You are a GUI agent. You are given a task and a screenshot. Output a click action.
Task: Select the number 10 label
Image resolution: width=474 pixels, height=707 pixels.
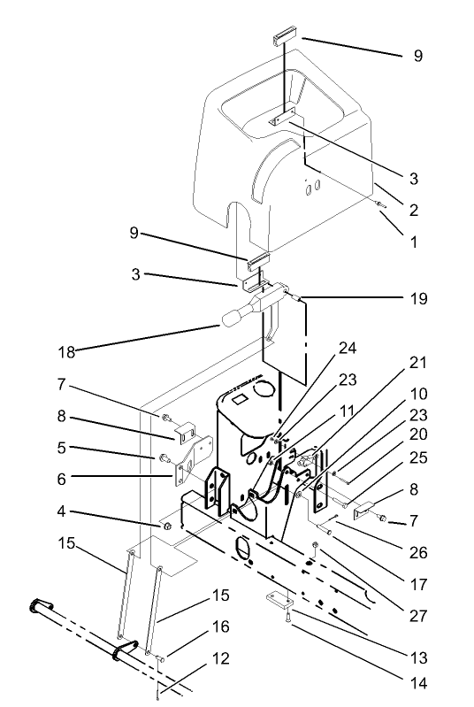coord(418,391)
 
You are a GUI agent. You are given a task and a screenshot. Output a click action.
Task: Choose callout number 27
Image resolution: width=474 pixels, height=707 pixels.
coord(418,611)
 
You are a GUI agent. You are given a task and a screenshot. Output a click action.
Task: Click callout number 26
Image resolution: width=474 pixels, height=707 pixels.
coord(418,552)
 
